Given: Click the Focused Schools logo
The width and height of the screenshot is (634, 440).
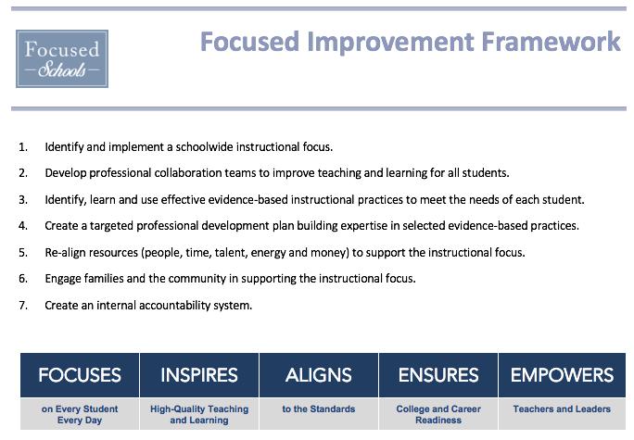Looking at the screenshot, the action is (62, 58).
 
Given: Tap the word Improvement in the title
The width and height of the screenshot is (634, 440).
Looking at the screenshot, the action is (390, 43).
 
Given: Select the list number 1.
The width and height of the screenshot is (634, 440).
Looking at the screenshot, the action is (23, 147).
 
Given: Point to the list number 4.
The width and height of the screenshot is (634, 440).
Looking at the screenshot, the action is (23, 226).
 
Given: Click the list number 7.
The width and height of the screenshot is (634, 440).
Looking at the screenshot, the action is (23, 306).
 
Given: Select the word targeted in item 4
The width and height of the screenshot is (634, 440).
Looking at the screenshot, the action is (111, 226).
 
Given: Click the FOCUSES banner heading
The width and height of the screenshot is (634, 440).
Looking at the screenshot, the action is (80, 375).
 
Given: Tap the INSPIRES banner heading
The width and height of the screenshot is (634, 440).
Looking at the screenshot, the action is (199, 375).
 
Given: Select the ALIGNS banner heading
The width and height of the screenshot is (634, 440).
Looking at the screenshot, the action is (319, 375).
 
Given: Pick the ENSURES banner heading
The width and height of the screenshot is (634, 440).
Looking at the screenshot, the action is (438, 375).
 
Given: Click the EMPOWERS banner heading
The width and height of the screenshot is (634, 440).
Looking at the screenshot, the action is (562, 375).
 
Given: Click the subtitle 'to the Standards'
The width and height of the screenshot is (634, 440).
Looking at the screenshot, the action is (319, 409).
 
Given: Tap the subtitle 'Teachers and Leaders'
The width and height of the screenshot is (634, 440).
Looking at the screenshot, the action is (562, 409).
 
